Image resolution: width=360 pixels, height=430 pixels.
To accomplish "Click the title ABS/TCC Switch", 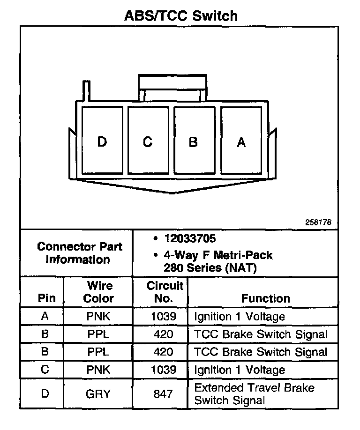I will click(180, 15).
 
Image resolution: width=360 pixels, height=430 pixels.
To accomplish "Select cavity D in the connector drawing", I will click(102, 141).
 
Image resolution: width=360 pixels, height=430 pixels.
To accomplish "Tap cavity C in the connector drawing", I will click(148, 141).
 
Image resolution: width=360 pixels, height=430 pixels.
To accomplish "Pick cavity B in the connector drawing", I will click(193, 141).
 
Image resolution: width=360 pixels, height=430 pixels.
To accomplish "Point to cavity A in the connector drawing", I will click(241, 141).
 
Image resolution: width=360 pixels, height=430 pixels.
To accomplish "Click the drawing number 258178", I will click(318, 222).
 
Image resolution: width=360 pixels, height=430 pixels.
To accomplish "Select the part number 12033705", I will click(190, 239).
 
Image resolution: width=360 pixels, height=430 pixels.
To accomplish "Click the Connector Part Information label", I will click(80, 253).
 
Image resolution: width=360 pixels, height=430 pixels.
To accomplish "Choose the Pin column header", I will click(46, 298).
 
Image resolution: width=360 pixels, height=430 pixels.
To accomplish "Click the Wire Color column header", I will click(99, 292).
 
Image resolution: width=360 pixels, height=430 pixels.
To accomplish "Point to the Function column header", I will click(265, 298).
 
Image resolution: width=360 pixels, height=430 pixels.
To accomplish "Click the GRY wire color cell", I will click(98, 394).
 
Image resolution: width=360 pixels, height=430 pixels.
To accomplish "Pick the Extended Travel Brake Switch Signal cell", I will click(254, 394).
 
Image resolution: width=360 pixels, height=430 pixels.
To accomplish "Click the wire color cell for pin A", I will click(98, 317).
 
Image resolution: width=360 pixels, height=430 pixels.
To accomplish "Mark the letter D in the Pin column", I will click(45, 394).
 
